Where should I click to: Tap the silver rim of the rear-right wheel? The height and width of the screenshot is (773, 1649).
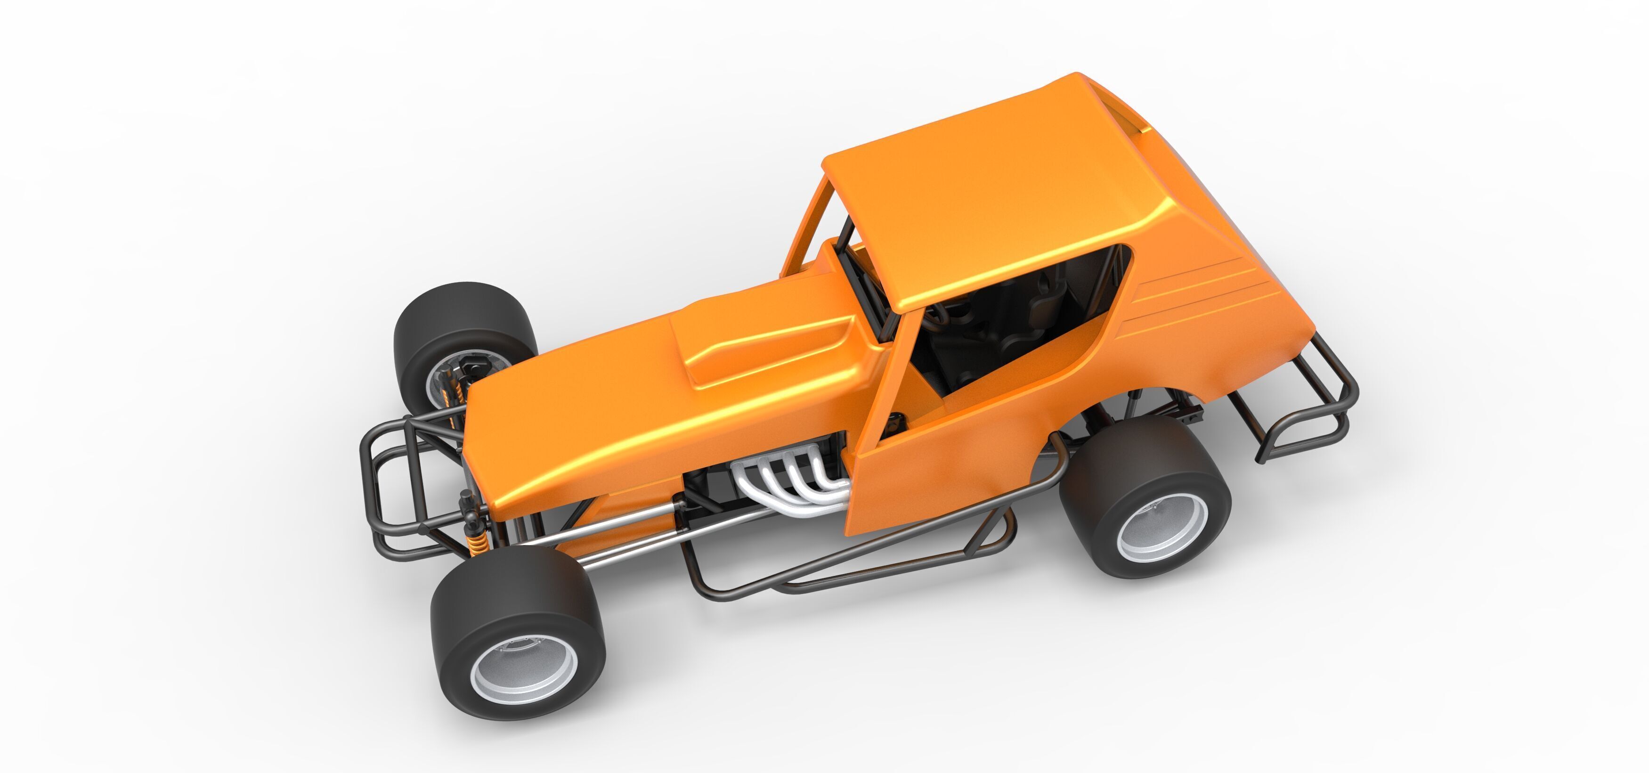tap(1162, 529)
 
